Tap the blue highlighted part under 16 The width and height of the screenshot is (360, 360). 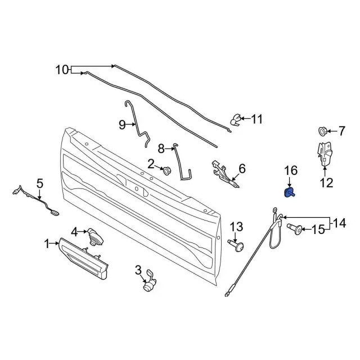tap(290, 193)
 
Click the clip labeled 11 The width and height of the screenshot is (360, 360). tap(237, 119)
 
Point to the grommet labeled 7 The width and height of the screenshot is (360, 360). tap(323, 131)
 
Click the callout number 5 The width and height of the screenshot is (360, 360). tap(39, 183)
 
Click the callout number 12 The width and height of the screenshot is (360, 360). tap(326, 182)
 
